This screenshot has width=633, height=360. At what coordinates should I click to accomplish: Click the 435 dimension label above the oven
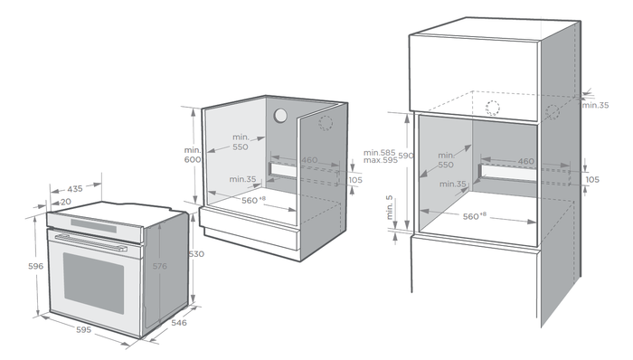coord(75,188)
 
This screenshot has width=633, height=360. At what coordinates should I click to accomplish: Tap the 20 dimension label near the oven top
coord(66,202)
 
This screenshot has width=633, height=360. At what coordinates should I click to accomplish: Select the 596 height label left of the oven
coord(35,266)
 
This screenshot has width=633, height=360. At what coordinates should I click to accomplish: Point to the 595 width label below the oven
coord(83,330)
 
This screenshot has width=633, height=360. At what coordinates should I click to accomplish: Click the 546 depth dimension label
coord(179,323)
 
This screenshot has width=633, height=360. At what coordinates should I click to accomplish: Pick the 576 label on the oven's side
coord(159,266)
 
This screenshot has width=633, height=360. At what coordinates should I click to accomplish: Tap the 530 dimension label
coord(196,254)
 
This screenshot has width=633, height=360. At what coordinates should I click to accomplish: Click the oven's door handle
coord(90,243)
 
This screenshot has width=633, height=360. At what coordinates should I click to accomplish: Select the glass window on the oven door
coord(94,283)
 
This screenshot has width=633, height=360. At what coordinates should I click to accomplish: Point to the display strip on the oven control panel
coord(94,225)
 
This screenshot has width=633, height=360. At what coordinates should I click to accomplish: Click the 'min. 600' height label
coord(193,155)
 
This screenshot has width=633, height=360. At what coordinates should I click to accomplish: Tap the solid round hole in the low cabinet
coord(280,116)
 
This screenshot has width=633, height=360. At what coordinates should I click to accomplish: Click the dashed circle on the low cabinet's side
coord(326,124)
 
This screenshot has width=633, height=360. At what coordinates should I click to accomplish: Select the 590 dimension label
coord(406,156)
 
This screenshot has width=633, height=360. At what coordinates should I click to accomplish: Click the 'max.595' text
coord(381,160)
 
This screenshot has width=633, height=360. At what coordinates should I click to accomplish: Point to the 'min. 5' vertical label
coord(389,207)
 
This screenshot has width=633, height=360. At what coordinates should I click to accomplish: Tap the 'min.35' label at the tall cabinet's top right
coord(595,105)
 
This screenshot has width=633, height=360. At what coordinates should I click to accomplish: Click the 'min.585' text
coord(380,153)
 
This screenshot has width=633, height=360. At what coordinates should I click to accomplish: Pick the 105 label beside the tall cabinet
coord(592,180)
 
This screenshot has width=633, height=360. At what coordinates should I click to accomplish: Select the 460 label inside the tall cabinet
coord(526,161)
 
